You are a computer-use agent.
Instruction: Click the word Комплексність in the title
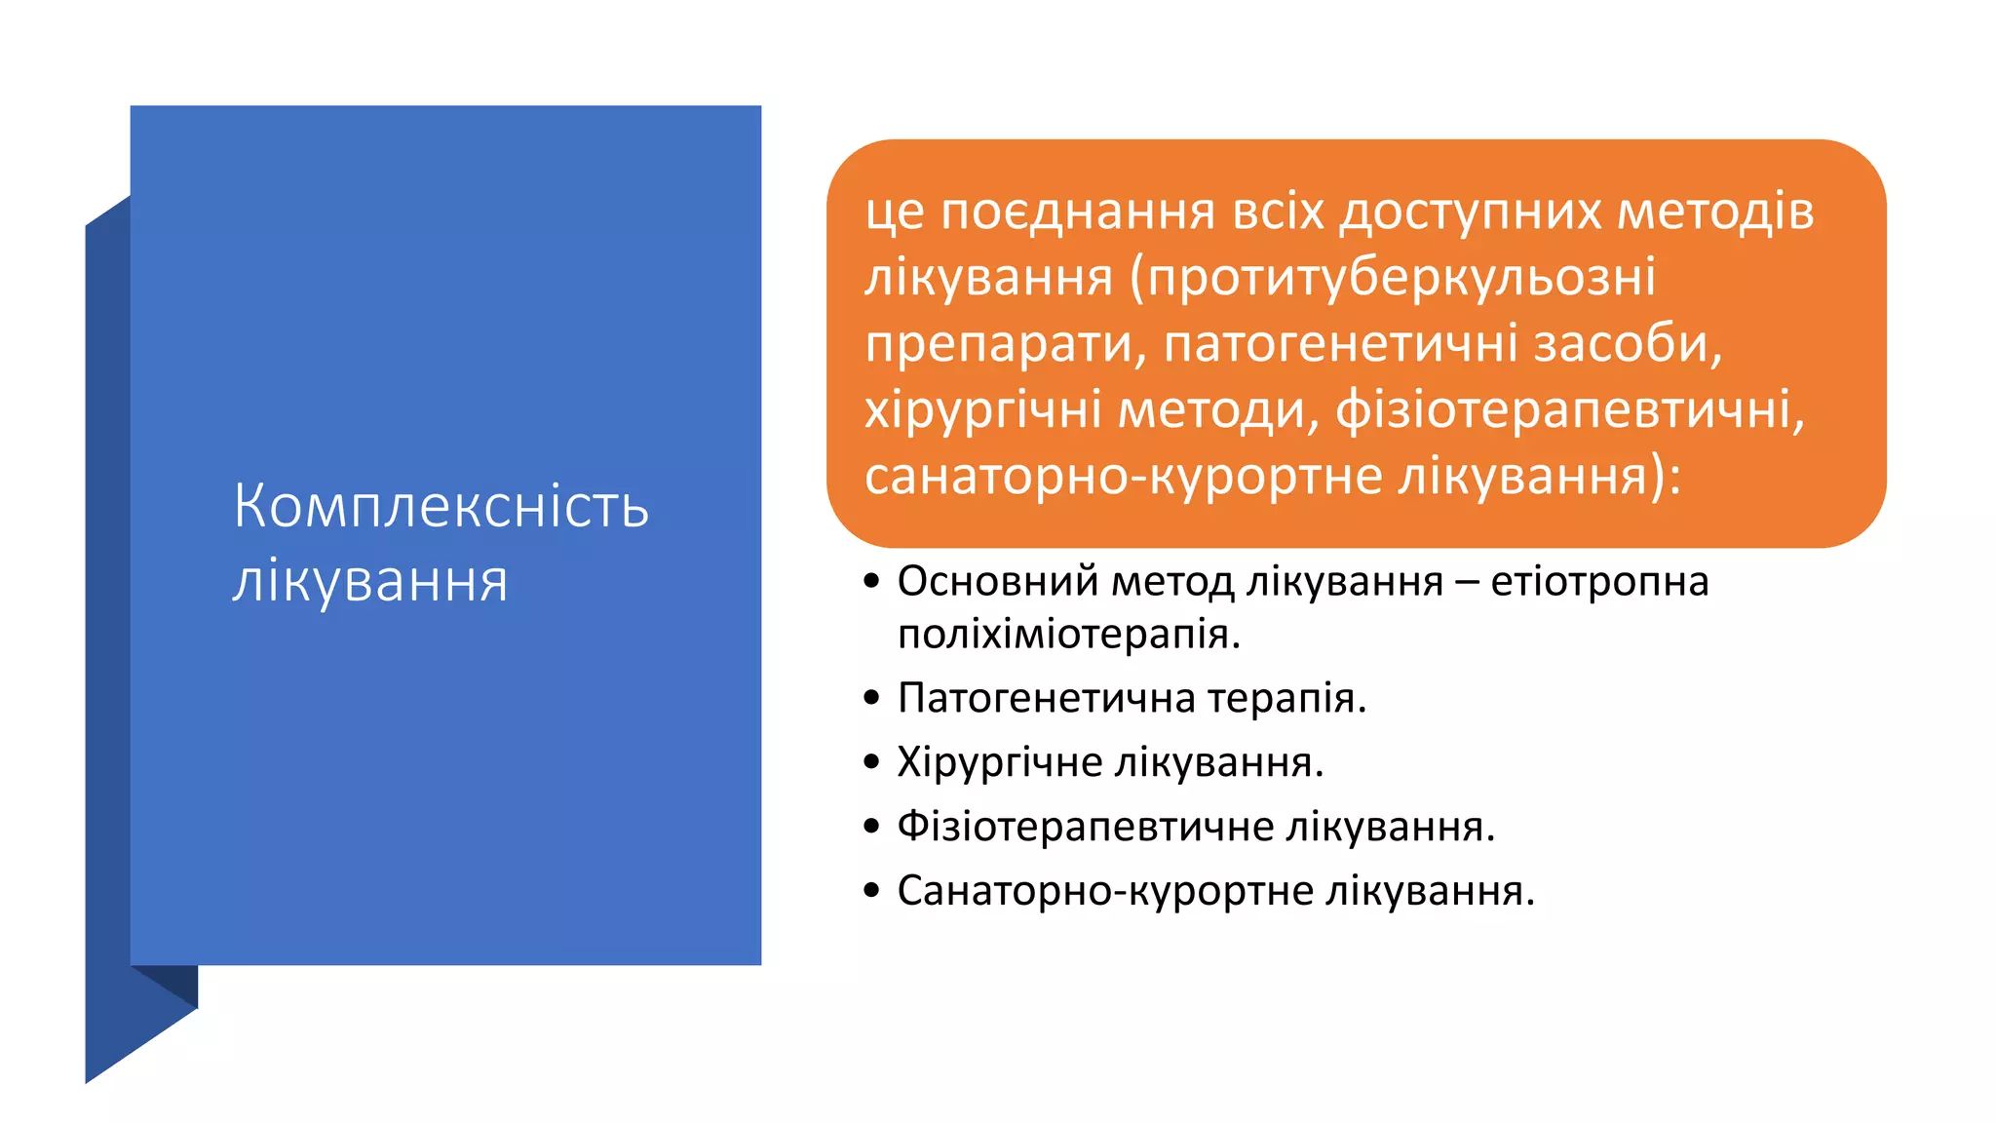pos(441,506)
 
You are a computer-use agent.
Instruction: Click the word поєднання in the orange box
pos(1079,212)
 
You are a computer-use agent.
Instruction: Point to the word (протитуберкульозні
pos(1393,278)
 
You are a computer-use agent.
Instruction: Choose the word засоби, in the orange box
pos(1629,344)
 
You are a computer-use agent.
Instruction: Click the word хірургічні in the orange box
pos(983,410)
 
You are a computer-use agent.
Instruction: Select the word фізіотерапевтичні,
pos(1570,410)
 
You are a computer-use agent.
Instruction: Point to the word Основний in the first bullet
pos(997,582)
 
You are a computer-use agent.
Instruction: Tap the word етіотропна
pos(1599,582)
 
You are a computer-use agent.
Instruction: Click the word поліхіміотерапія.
pos(1069,635)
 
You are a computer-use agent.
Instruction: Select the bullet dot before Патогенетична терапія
pos(872,698)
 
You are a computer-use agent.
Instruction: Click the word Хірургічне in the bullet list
pos(997,762)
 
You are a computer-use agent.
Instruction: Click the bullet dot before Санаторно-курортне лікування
pos(872,890)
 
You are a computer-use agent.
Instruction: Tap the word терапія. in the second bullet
pos(1286,698)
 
